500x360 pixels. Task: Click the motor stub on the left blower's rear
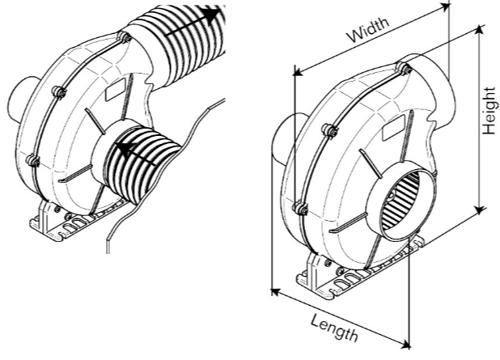click(x=17, y=101)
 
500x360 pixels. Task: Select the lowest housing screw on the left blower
click(x=33, y=160)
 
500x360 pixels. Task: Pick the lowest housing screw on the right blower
click(x=301, y=209)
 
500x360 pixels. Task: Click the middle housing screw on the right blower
click(x=329, y=130)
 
